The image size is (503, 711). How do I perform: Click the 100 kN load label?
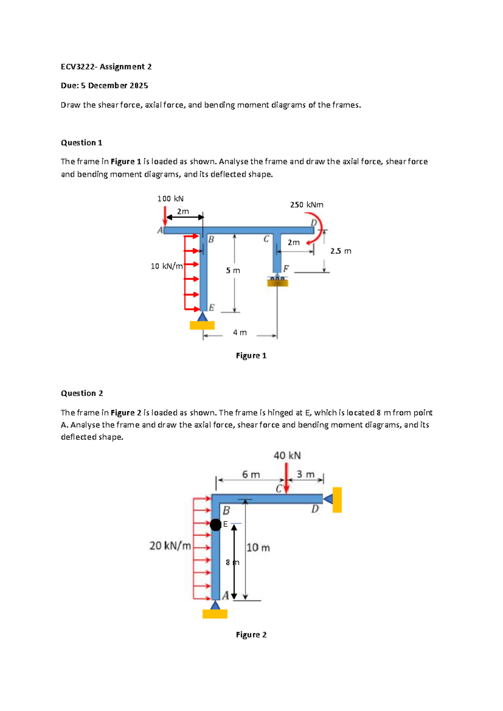170,199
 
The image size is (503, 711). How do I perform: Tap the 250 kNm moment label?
306,205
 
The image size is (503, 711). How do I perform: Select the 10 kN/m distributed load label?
166,266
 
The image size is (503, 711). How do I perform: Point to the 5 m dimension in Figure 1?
233,271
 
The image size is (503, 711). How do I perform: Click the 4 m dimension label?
240,332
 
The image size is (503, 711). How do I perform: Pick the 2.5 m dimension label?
340,251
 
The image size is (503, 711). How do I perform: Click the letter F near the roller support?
286,268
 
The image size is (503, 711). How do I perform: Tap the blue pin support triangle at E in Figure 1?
202,317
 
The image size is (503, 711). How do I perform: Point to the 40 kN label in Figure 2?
287,456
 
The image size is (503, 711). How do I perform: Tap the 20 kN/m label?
170,546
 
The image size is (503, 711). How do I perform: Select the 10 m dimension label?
258,548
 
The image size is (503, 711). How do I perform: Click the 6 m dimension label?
251,475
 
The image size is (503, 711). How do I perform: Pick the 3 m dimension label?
305,474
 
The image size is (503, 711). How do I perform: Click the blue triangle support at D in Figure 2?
328,499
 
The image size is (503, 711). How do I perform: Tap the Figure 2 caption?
251,635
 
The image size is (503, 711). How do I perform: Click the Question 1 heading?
82,143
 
